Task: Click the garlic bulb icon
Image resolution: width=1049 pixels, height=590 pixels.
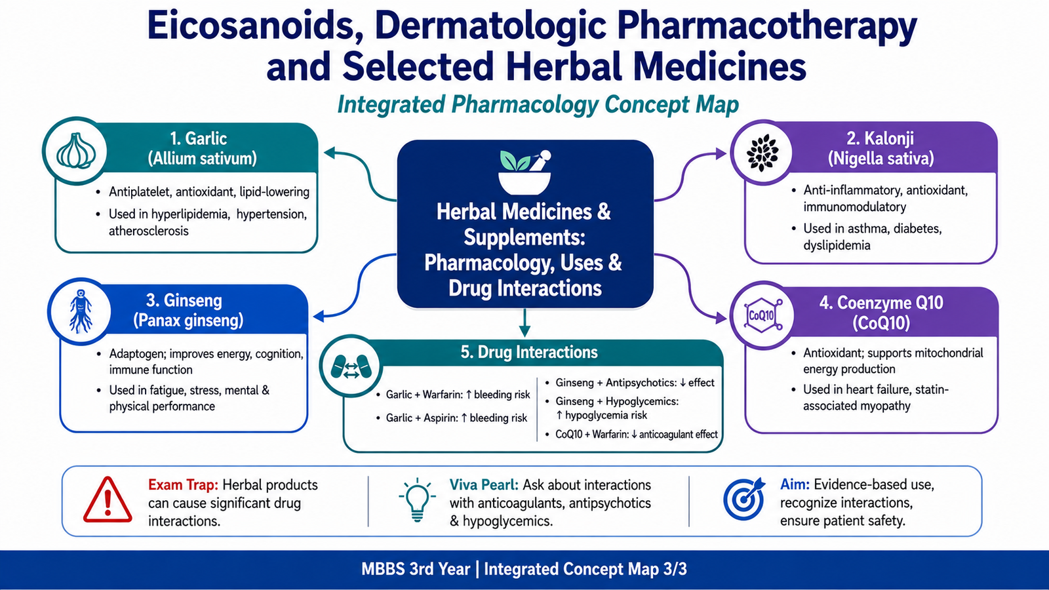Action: (75, 151)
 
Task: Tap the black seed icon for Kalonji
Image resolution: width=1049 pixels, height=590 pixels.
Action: (762, 153)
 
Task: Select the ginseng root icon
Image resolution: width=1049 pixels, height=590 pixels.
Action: (80, 311)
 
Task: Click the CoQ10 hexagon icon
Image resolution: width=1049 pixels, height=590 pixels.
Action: (763, 315)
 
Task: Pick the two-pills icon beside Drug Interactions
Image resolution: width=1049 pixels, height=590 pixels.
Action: (351, 366)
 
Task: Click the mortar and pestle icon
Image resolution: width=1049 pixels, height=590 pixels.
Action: (525, 172)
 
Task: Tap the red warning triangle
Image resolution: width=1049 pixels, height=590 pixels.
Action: (108, 500)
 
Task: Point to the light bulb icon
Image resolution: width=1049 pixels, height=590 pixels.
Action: (417, 500)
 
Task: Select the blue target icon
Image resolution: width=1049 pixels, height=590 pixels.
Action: (743, 499)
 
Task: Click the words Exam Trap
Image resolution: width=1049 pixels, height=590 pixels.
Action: (183, 484)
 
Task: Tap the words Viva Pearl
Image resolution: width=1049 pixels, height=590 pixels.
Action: (484, 484)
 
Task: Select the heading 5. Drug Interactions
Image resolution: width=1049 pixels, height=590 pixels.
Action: (528, 352)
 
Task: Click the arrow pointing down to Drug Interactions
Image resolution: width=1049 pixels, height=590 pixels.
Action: (525, 323)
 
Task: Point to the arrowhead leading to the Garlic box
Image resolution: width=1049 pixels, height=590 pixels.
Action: (330, 153)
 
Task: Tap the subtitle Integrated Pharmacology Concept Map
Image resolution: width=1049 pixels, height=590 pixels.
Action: (538, 104)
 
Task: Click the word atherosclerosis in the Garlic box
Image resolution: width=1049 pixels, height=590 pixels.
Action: (148, 231)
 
